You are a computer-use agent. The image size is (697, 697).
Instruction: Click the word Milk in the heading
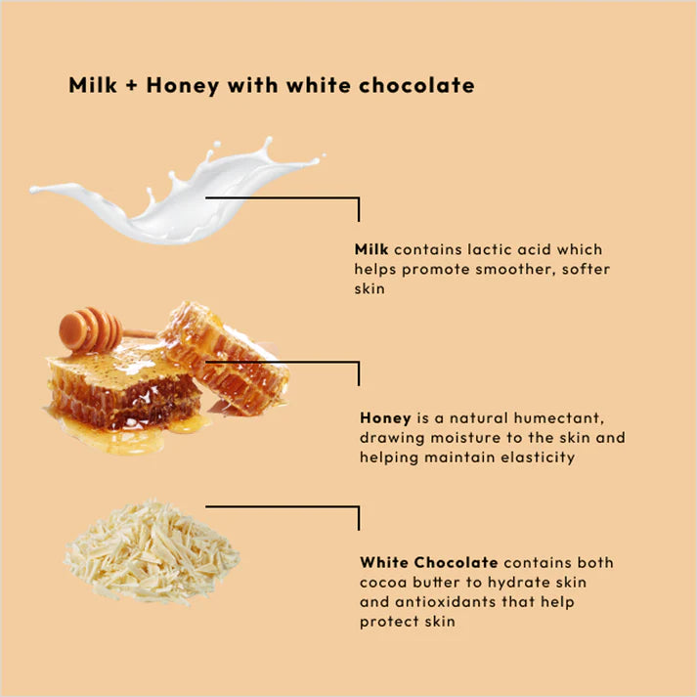(x=92, y=85)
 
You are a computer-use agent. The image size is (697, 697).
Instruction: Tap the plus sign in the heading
(x=135, y=86)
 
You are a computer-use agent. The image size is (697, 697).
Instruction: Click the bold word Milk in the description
(x=371, y=250)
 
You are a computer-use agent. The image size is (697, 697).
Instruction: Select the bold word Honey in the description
(x=385, y=417)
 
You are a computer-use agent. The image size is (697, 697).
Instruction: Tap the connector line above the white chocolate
(x=283, y=506)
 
